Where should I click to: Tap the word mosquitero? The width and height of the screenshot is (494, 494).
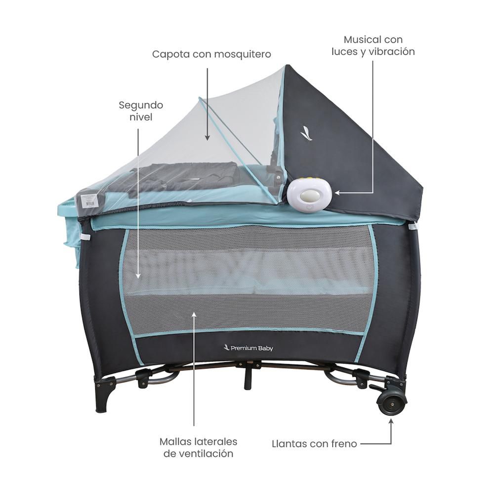[242, 54]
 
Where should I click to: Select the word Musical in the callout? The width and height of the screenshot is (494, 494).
[362, 40]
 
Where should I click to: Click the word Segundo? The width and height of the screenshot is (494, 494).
[141, 106]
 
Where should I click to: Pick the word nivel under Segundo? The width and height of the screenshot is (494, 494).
[141, 117]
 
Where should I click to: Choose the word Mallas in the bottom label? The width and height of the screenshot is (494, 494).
[175, 441]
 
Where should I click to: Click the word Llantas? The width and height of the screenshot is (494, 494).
[288, 444]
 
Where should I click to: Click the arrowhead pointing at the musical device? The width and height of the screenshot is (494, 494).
[337, 193]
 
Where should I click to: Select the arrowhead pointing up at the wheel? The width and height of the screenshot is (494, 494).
[391, 421]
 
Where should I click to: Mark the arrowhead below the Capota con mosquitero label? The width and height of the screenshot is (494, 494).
[207, 138]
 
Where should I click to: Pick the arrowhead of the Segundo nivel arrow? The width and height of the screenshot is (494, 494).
[138, 276]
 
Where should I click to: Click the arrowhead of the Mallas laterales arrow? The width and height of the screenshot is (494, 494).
[194, 314]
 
